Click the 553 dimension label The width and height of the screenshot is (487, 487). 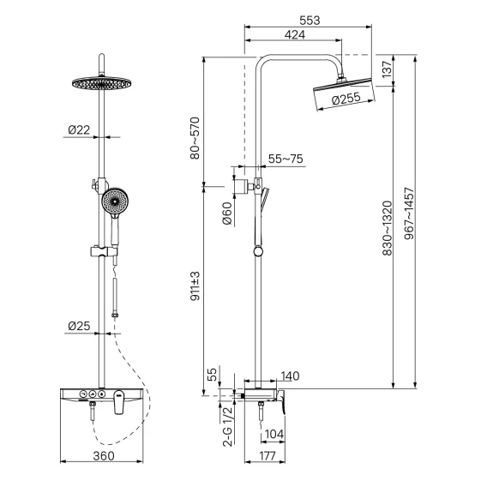tap(310, 21)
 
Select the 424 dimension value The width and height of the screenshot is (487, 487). tap(295, 34)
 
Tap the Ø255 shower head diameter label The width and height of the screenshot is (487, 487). tap(346, 99)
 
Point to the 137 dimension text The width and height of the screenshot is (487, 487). tap(387, 69)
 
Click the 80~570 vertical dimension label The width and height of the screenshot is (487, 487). tap(195, 138)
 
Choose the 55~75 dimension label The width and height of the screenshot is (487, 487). tap(286, 159)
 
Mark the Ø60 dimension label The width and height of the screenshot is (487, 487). tap(227, 213)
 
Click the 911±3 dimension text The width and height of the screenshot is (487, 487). tap(195, 286)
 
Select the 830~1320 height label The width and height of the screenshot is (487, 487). tap(387, 228)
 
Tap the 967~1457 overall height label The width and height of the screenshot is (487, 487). tap(409, 213)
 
